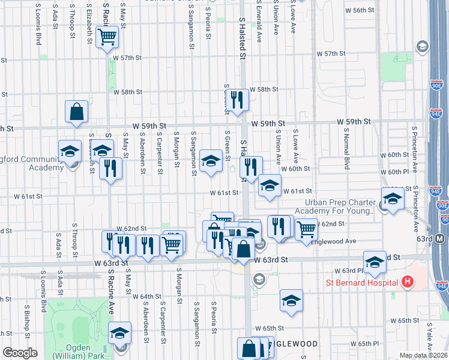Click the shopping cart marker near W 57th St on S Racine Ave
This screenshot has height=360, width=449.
pos(107,37)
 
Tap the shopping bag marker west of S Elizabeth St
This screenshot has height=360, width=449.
pos(77,112)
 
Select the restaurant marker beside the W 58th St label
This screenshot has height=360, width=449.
pos(239,101)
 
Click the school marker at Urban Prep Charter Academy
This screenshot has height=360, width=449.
pos(393,199)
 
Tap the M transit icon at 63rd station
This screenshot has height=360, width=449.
pos(440,239)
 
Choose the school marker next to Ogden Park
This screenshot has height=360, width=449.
pos(119,333)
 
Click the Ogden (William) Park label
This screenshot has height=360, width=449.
pos(78,351)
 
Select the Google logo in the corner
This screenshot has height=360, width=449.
pos(20,353)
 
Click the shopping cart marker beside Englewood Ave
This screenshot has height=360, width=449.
pos(306,229)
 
